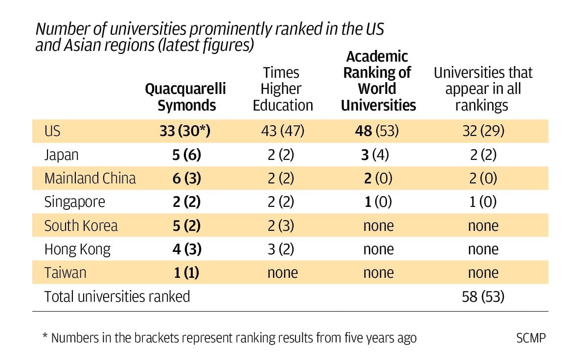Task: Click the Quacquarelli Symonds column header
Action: click(x=186, y=97)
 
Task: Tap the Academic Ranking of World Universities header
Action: click(x=378, y=81)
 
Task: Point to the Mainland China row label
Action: click(x=90, y=178)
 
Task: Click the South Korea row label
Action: click(x=81, y=225)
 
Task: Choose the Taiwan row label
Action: click(x=65, y=272)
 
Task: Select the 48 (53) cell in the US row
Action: click(x=378, y=131)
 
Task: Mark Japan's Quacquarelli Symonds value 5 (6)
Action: click(x=187, y=155)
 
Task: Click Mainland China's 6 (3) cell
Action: click(x=187, y=178)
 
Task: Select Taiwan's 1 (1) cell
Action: click(x=187, y=272)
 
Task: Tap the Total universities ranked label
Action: click(x=117, y=296)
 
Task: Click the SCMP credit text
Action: click(x=530, y=338)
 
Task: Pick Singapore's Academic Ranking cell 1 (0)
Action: click(x=378, y=202)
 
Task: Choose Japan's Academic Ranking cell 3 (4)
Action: click(x=378, y=155)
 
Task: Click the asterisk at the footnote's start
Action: click(x=45, y=337)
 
